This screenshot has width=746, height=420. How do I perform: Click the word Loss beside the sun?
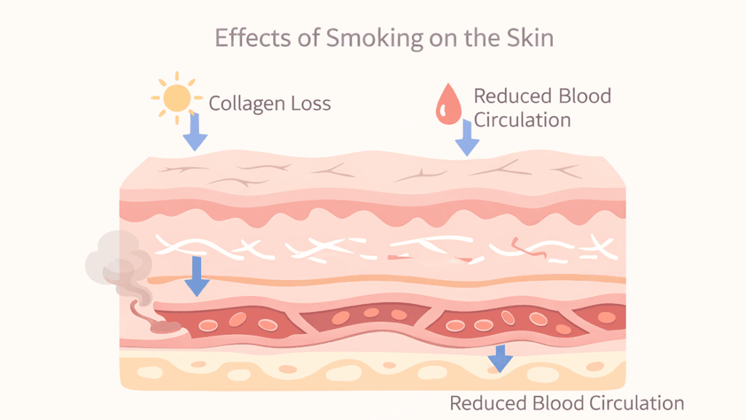click(x=309, y=104)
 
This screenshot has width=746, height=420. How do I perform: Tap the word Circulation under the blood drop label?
click(x=522, y=119)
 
